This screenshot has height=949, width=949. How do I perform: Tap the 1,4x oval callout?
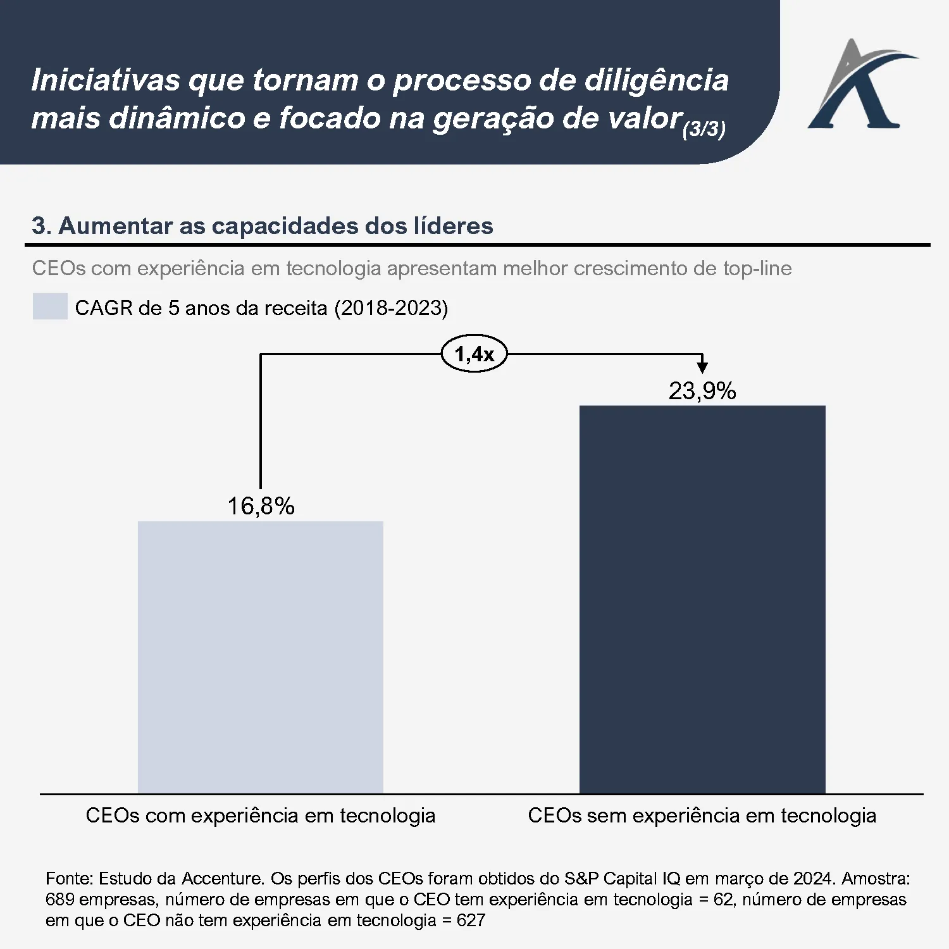tap(474, 354)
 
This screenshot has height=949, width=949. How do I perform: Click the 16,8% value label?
tap(261, 506)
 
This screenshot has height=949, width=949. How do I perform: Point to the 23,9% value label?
tap(702, 391)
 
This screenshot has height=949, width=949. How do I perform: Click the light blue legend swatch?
tap(50, 306)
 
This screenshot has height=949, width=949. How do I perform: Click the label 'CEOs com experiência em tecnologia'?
tap(260, 815)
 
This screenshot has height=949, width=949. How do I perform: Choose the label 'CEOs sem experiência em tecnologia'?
tap(702, 815)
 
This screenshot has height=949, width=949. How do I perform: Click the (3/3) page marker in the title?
tap(704, 129)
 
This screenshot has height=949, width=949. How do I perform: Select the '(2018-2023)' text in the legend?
tap(390, 308)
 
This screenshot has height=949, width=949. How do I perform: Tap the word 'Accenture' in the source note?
tap(223, 878)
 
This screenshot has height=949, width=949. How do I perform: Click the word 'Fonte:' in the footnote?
tap(70, 878)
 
